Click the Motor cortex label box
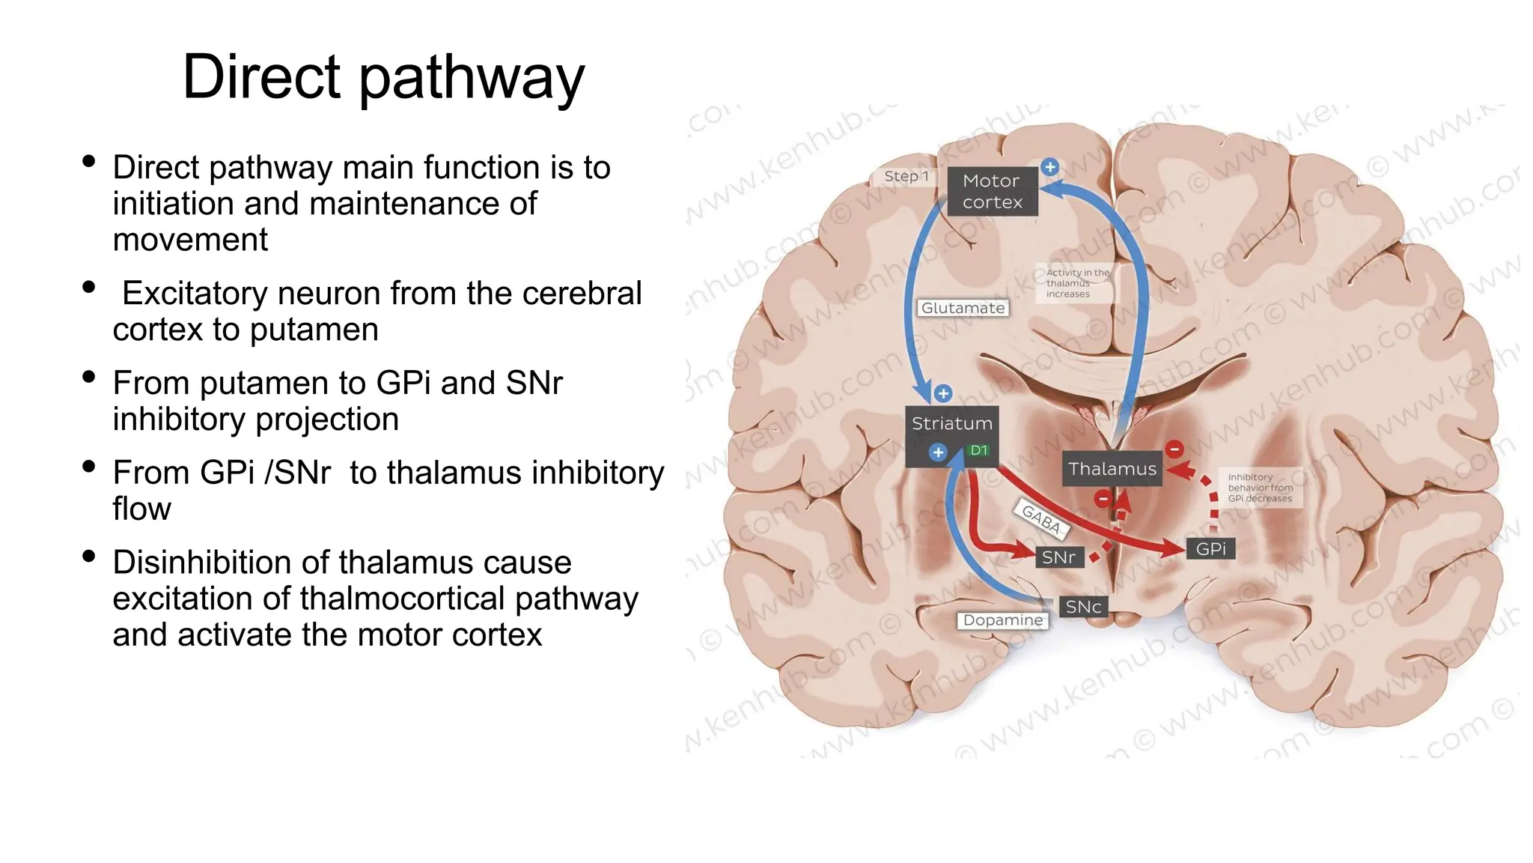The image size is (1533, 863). (992, 192)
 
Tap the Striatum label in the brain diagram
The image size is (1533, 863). (951, 424)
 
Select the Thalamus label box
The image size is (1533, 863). (1112, 469)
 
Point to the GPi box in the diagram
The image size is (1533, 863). (1210, 549)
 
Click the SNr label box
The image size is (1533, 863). (1058, 557)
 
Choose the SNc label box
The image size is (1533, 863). (1083, 607)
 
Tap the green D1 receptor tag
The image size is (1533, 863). (978, 450)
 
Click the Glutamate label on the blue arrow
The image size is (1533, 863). (963, 308)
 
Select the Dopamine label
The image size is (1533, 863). (1002, 620)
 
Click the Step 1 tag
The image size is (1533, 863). (906, 177)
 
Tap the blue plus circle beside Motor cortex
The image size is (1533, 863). (1050, 167)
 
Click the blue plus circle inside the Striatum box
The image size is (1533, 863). (938, 452)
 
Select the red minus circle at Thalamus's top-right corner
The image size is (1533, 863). (1174, 449)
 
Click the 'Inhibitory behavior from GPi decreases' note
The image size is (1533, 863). (1260, 488)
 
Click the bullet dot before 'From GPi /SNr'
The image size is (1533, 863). (89, 467)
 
